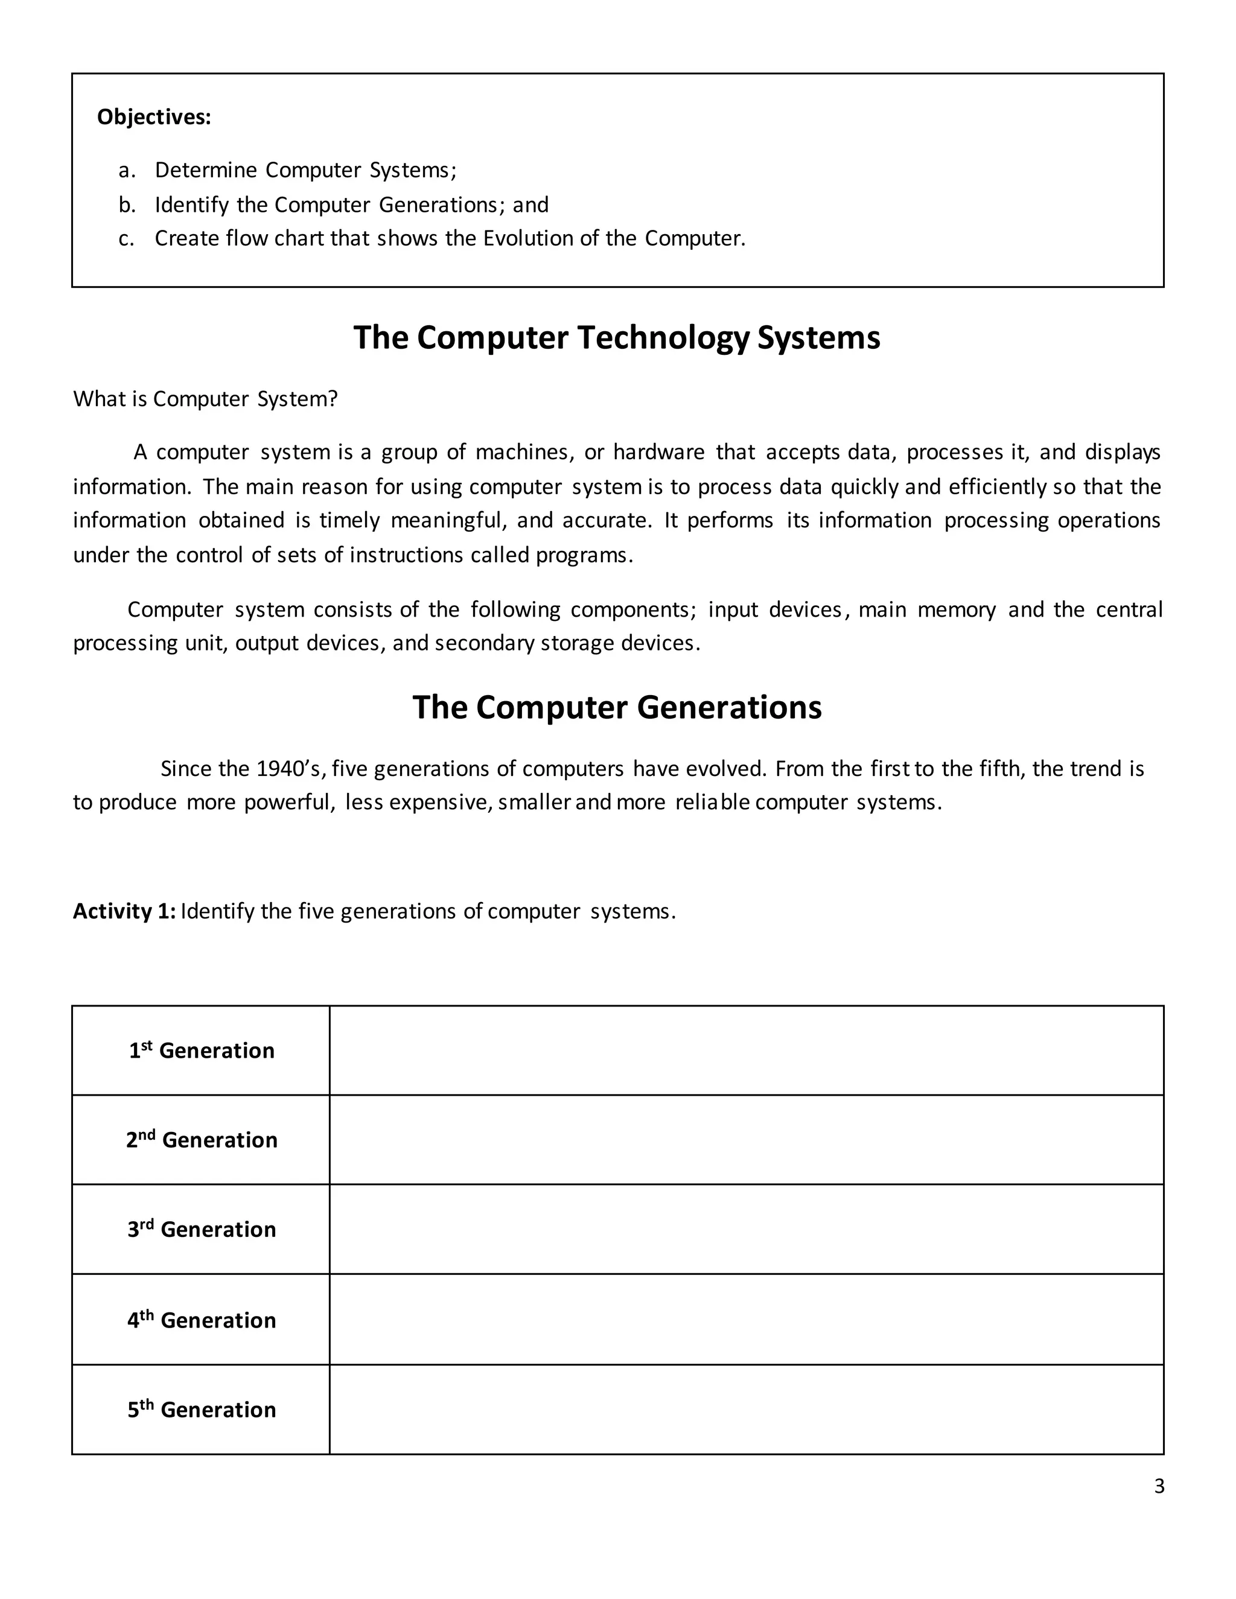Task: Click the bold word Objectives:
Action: click(154, 117)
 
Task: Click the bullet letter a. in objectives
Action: click(127, 171)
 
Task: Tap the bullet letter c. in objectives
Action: click(126, 239)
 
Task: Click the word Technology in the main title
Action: click(663, 337)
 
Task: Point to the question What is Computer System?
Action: click(205, 399)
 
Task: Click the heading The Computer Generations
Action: click(617, 707)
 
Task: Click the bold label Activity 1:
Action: click(124, 912)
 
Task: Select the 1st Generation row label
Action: click(202, 1051)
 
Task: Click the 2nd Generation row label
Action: click(202, 1140)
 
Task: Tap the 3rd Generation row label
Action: click(202, 1229)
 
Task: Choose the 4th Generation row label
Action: click(202, 1320)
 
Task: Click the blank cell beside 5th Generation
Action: click(745, 1410)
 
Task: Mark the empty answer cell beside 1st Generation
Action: click(745, 1051)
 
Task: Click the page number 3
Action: click(1158, 1486)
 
